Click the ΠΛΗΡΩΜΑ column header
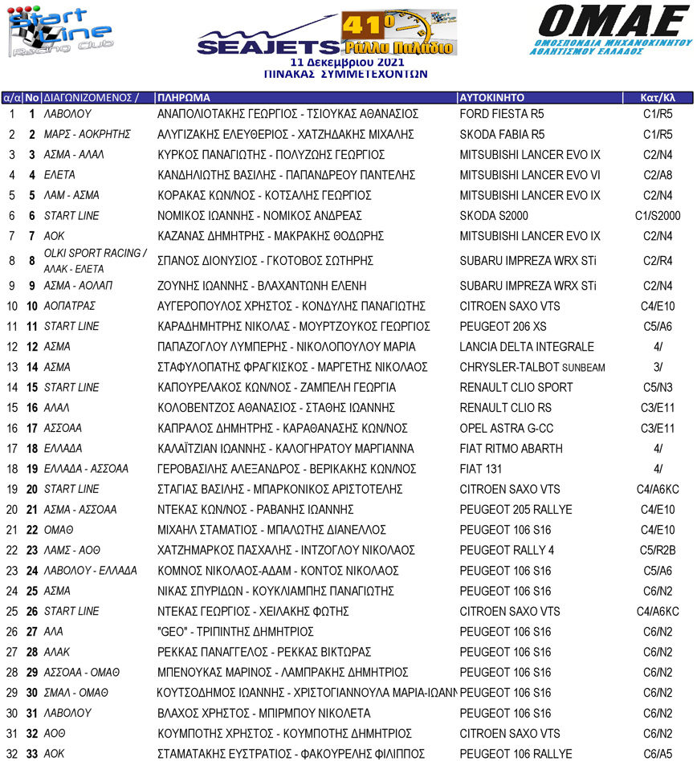click(x=185, y=98)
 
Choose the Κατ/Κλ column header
click(x=658, y=98)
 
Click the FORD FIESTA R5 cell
click(x=502, y=114)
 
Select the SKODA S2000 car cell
click(x=493, y=215)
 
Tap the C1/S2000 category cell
click(x=658, y=215)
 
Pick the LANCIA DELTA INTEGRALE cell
click(x=527, y=347)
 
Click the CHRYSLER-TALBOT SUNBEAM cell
click(x=532, y=367)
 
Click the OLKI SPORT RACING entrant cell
click(x=95, y=254)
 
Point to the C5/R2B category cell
click(x=658, y=550)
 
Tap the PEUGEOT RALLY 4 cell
click(x=507, y=550)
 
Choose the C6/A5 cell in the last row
click(x=658, y=754)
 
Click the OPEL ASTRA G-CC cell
click(x=506, y=428)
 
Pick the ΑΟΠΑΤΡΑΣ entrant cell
click(x=70, y=306)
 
